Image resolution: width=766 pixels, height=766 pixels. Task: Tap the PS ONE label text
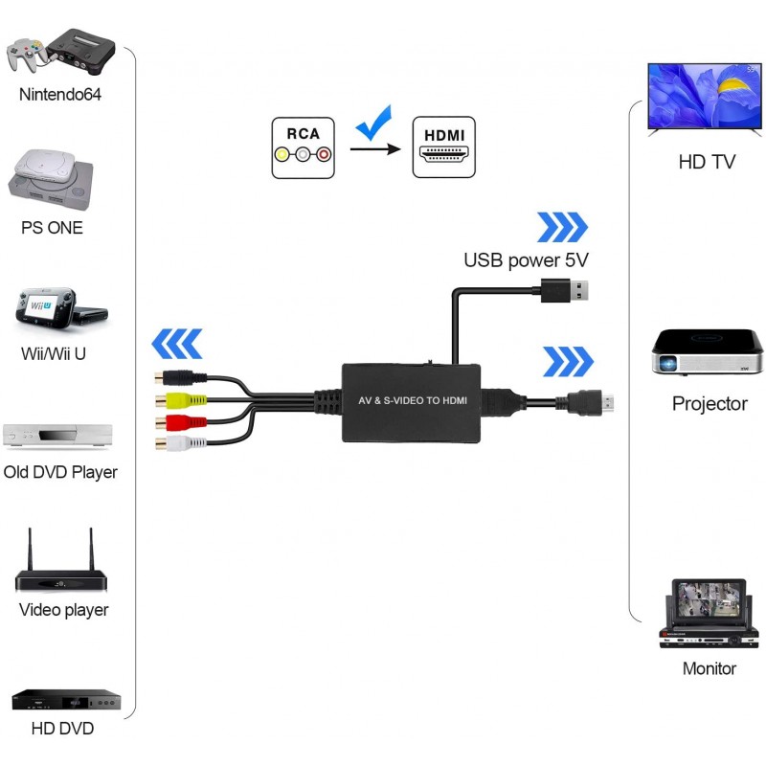click(x=52, y=228)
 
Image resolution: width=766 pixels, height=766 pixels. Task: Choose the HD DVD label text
click(x=62, y=729)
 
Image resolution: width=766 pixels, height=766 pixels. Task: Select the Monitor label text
click(x=710, y=668)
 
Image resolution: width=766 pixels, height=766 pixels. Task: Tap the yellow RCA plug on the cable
click(x=183, y=400)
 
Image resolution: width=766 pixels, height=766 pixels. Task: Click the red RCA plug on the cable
click(x=183, y=422)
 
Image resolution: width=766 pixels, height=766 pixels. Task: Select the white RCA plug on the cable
click(x=183, y=444)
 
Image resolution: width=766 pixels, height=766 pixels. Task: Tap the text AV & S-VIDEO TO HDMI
click(x=413, y=399)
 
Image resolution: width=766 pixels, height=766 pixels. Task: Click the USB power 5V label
click(x=526, y=259)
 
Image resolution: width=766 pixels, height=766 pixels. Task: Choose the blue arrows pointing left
click(x=178, y=343)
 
